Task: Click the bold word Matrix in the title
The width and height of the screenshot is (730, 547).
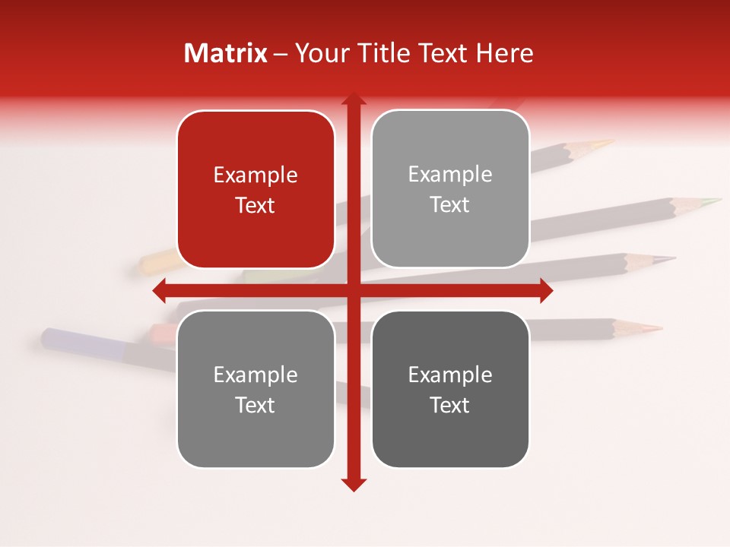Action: pos(225,53)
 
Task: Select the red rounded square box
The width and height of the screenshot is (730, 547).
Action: pos(255,189)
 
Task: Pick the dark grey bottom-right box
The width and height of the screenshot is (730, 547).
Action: pos(450,390)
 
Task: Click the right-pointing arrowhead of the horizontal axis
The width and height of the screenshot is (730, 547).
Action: pos(546,290)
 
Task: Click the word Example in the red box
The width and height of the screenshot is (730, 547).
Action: pos(255,175)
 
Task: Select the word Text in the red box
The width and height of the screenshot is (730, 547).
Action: pos(255,205)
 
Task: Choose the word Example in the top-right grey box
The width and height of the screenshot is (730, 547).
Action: pos(450,175)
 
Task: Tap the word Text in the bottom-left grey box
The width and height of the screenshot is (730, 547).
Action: pos(255,405)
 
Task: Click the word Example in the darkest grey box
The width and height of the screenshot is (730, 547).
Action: pos(450,375)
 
